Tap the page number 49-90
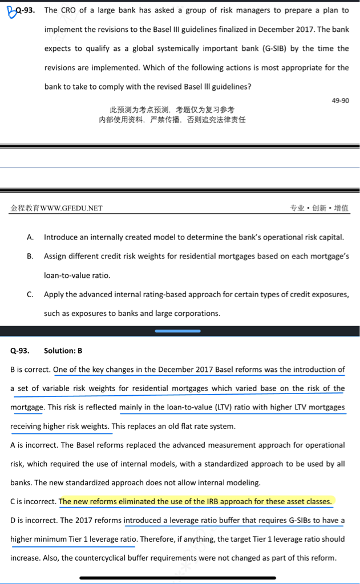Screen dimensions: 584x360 point(340,100)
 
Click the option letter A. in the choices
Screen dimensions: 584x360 point(30,237)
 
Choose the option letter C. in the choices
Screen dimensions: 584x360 point(30,294)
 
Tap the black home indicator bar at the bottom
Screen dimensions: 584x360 point(178,578)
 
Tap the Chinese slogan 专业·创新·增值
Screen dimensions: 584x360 point(319,208)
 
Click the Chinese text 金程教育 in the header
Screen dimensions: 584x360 point(25,208)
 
